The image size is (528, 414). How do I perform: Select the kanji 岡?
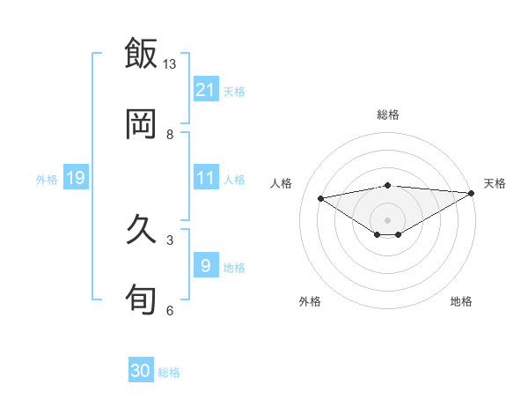141,123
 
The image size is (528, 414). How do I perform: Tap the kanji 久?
141,229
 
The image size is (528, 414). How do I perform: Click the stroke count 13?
170,64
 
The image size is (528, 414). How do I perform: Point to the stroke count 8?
170,135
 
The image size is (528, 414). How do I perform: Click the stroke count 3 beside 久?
170,240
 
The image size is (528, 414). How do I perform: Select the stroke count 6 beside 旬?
170,310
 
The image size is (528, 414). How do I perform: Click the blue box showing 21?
206,90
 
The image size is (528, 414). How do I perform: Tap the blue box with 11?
206,178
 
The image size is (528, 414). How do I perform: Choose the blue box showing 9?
206,265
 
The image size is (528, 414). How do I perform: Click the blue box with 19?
76,178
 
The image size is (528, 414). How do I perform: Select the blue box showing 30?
141,371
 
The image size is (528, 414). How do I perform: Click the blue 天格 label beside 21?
234,91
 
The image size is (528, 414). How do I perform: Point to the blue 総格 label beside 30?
169,373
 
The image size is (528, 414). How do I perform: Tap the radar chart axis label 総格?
388,115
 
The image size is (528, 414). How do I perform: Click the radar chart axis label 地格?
461,301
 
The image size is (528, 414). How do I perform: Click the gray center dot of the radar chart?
388,219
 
